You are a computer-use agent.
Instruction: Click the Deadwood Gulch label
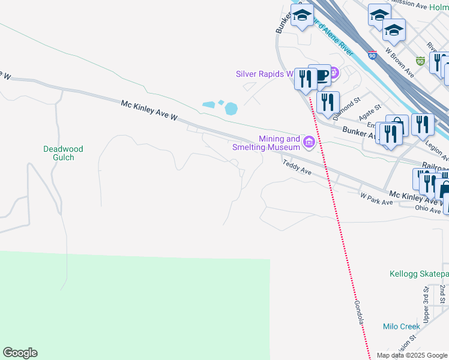[63, 153]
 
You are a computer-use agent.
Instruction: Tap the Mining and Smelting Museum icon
[309, 142]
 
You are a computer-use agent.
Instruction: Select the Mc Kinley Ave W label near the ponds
[149, 111]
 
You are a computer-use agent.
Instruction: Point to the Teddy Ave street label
[297, 166]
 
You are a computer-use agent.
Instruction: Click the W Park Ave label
[376, 199]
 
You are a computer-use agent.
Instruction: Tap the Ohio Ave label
[427, 208]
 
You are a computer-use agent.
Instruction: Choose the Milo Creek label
[402, 326]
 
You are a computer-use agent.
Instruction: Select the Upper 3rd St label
[426, 305]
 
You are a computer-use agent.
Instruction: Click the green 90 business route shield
[420, 61]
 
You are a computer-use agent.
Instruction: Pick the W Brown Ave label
[400, 63]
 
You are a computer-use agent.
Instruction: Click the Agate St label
[370, 112]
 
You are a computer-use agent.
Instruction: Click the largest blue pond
[231, 109]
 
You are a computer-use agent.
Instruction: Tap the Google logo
[20, 353]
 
